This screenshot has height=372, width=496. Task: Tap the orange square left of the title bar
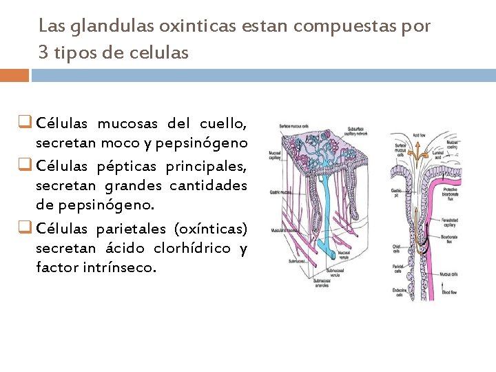pos(14,75)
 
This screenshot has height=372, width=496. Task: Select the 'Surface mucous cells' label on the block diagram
pos(293,126)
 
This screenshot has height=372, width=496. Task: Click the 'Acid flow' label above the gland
pos(419,136)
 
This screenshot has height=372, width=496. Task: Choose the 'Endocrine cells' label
pos(397,292)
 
